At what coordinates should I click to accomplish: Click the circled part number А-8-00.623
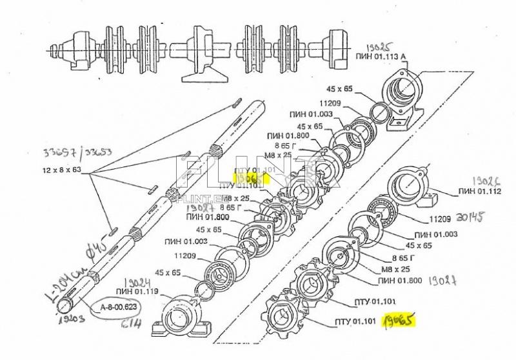119,307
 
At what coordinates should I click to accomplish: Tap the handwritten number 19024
135,282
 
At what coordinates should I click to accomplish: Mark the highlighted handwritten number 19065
398,319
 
